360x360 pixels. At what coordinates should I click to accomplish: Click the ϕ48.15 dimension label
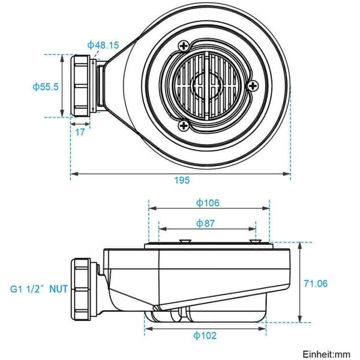[103, 45]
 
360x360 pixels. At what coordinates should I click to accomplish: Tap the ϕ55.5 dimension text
[46, 87]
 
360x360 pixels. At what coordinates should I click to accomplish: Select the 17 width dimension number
[80, 132]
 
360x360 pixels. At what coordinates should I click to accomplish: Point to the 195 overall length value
[182, 180]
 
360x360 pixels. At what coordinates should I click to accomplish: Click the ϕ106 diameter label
[208, 203]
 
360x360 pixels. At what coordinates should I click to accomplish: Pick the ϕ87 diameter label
[205, 223]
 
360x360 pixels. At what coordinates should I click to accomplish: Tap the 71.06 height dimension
[316, 284]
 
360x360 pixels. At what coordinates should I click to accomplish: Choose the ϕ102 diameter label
[205, 335]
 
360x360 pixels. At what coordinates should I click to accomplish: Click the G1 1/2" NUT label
[39, 289]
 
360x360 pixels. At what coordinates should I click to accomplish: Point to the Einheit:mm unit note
[326, 354]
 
